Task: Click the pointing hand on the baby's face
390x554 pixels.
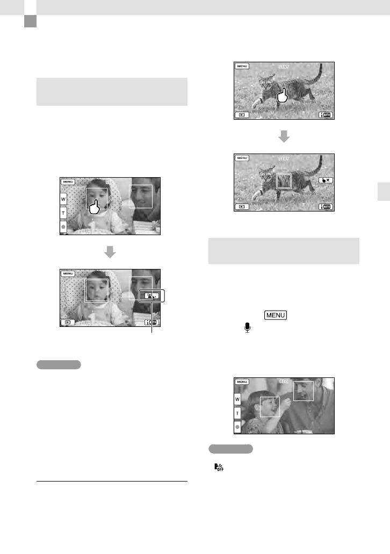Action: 96,206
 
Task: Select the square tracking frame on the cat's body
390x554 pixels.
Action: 283,181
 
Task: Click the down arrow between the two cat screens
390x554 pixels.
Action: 284,137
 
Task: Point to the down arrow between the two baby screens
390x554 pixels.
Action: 110,252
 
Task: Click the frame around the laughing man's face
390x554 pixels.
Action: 304,391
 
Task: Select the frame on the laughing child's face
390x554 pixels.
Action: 270,406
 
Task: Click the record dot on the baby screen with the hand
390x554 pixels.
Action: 63,227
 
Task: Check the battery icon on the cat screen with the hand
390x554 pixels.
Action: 325,115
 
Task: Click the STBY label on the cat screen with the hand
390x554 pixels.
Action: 283,67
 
